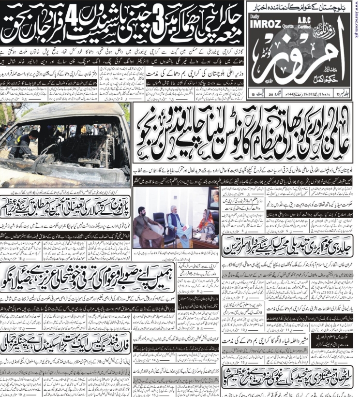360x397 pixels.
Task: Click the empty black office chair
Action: (158, 225)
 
